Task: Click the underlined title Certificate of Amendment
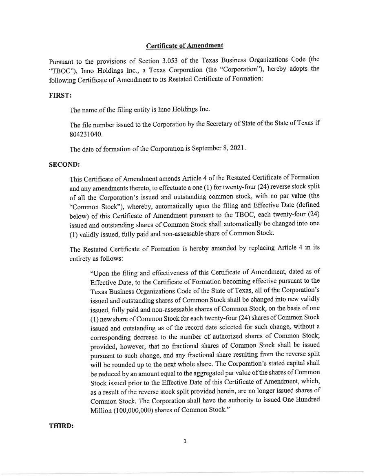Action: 184,46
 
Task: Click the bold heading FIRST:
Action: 57,94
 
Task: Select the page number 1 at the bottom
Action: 185,441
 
